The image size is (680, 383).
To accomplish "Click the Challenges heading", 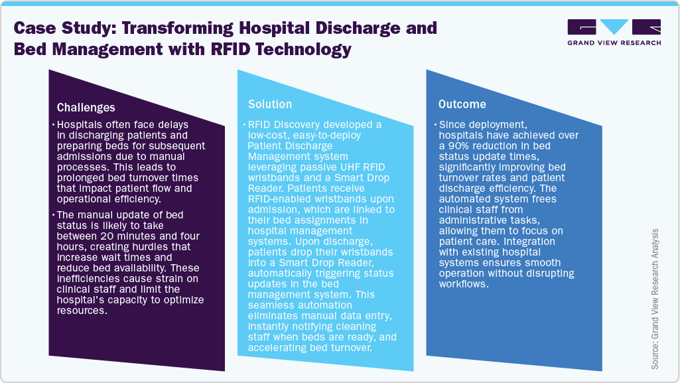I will click(x=86, y=108).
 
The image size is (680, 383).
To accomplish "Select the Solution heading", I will click(x=270, y=104).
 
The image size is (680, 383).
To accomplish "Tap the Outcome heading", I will click(x=462, y=104).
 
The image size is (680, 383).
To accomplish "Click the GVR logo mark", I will click(x=614, y=28).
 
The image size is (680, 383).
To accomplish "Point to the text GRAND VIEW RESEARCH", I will click(x=614, y=43).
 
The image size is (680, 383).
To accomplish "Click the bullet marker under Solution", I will click(x=243, y=125).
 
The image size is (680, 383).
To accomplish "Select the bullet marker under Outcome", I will click(x=435, y=125).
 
